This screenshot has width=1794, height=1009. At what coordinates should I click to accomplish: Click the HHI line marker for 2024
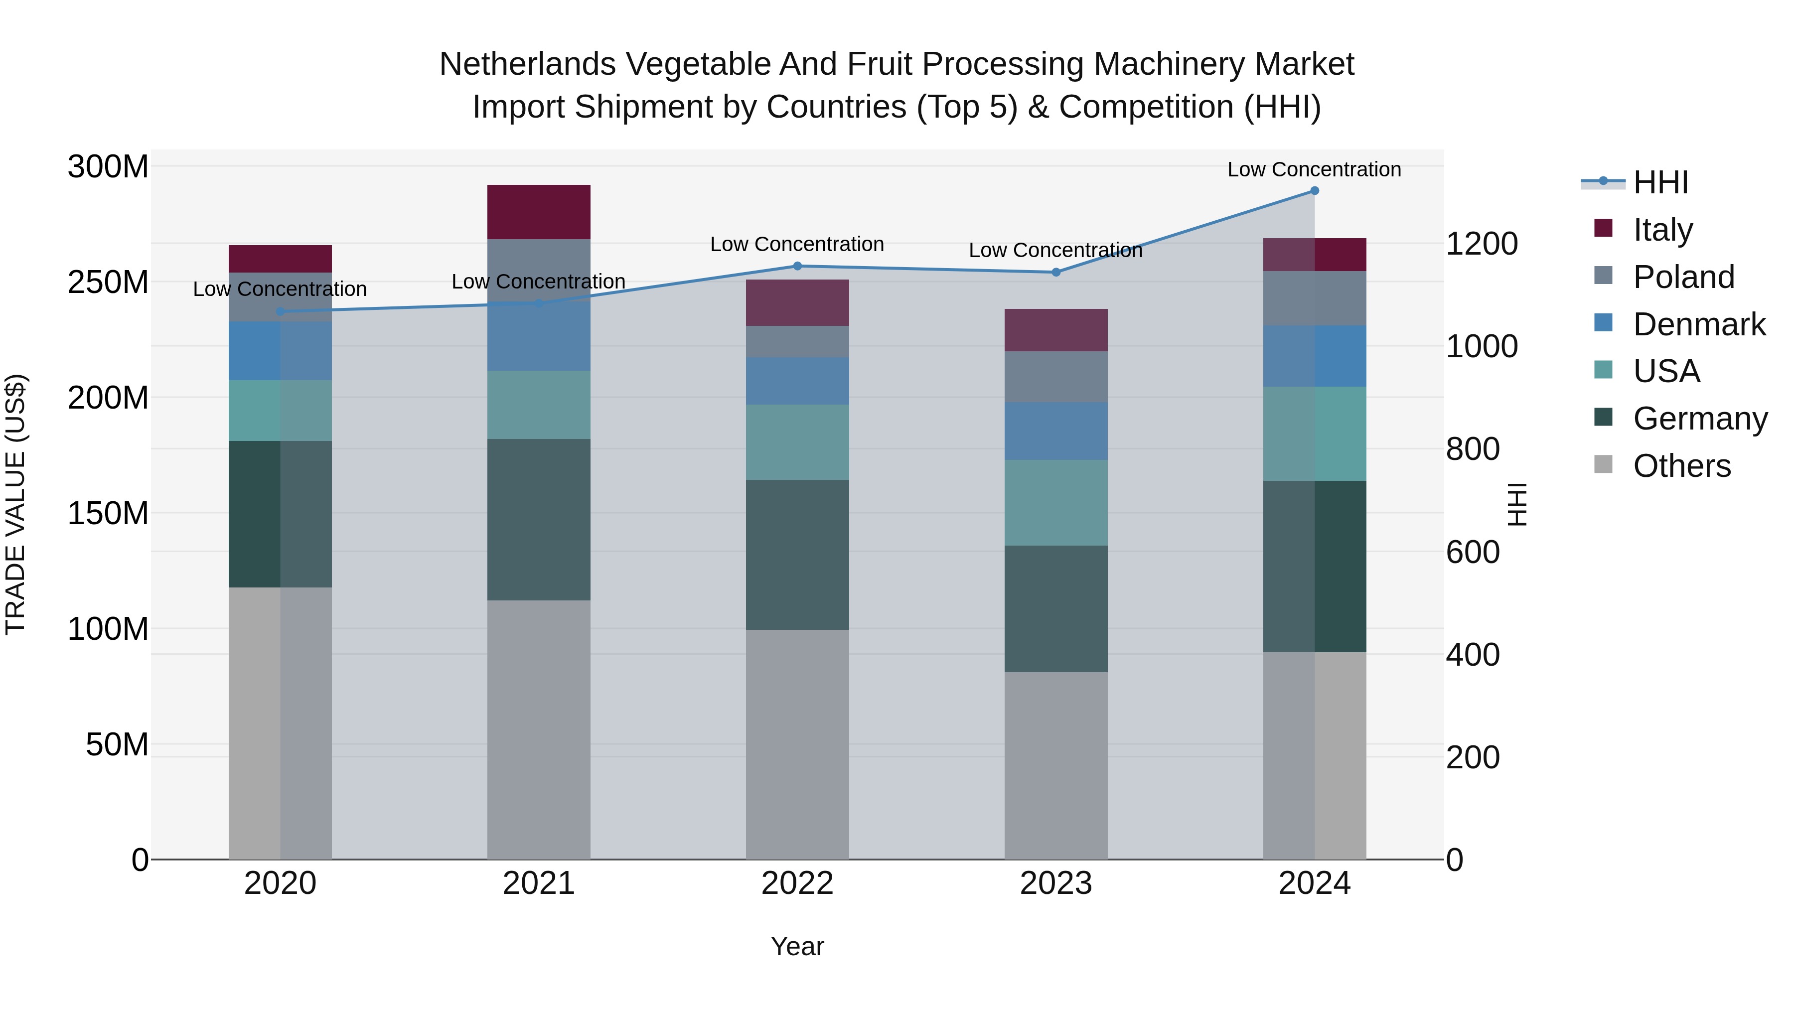[1314, 191]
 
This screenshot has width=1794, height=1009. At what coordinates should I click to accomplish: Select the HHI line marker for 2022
[797, 266]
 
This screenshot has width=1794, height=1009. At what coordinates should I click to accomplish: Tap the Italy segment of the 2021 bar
[538, 212]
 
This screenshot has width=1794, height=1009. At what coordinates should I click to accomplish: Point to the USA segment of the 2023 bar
[1056, 502]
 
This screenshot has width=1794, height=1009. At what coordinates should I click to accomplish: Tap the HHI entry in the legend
[1660, 182]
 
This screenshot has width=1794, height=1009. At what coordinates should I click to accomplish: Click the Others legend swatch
[1603, 464]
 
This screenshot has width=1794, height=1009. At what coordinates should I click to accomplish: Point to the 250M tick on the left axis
[108, 283]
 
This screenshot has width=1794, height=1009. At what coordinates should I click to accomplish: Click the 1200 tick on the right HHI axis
[1482, 244]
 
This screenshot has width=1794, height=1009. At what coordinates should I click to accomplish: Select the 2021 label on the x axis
[538, 883]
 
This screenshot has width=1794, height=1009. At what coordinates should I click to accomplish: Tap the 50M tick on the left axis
[117, 745]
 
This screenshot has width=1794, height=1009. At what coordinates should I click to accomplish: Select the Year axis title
[797, 946]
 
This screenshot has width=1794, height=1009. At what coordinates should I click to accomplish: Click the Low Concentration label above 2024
[1314, 169]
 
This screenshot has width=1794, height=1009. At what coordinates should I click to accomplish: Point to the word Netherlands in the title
[528, 64]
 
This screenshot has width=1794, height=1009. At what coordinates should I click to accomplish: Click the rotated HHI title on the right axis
[1517, 504]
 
